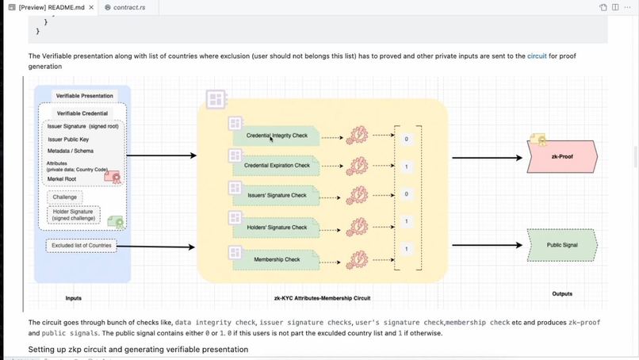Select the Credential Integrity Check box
point(277,136)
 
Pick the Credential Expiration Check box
point(277,166)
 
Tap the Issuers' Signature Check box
point(277,195)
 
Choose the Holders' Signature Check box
point(277,228)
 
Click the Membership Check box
point(277,259)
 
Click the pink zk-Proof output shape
point(561,157)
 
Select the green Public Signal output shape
point(561,245)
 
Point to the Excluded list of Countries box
point(82,246)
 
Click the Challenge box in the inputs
point(65,197)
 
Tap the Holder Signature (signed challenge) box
point(73,214)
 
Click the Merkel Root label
point(61,179)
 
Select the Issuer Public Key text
point(68,140)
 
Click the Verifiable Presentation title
point(84,96)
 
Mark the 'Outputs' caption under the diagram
point(561,294)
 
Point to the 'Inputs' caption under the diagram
point(73,298)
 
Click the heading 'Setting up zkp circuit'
point(138,349)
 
